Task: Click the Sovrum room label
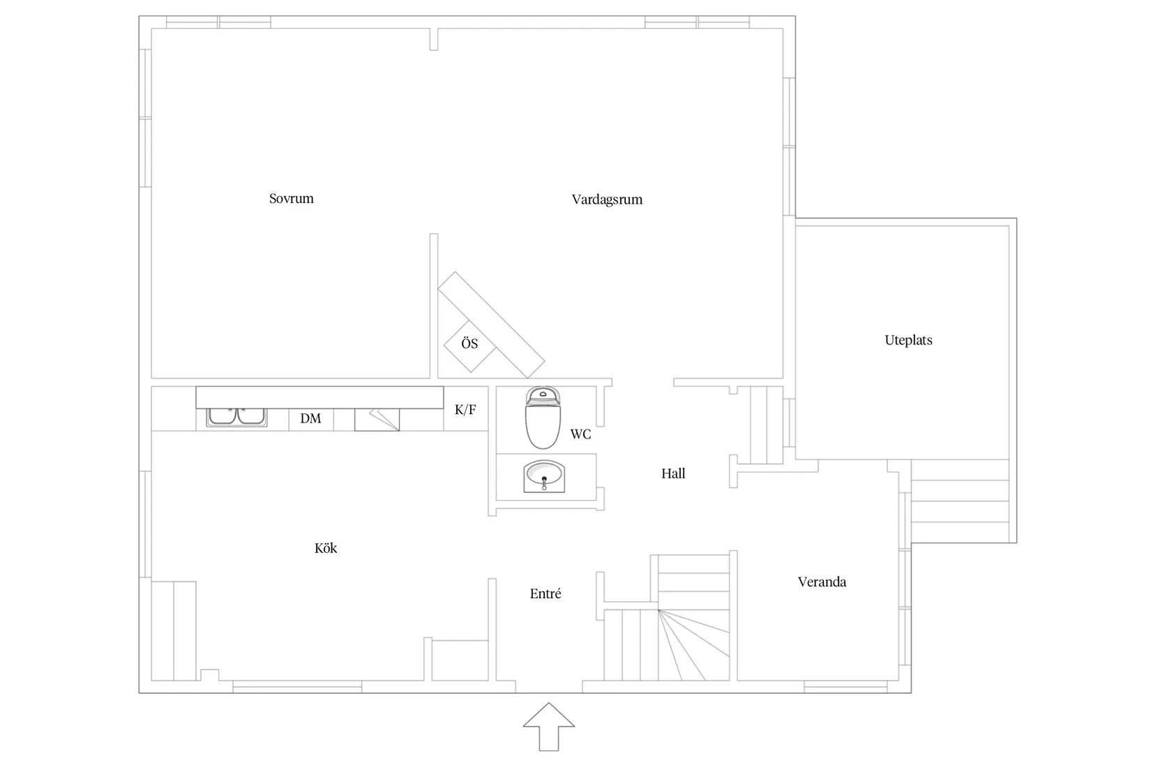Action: click(292, 199)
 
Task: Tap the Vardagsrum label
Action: click(607, 199)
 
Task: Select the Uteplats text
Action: click(908, 340)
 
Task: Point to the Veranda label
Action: click(822, 582)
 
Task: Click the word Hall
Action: click(673, 473)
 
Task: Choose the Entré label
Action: click(546, 594)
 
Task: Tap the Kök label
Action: click(326, 549)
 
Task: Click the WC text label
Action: click(580, 434)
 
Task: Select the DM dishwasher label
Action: click(310, 418)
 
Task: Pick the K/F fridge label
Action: click(465, 409)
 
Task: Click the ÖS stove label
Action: click(469, 344)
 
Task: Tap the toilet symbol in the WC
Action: click(543, 420)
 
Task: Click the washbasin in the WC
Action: click(544, 476)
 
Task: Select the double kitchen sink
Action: click(237, 417)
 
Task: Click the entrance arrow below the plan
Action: click(549, 727)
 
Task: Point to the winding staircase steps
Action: click(694, 645)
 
